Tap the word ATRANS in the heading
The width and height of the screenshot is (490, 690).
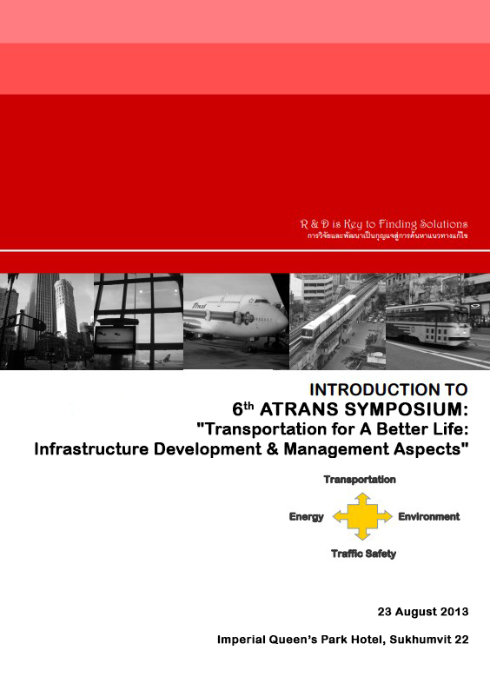[x=306, y=408]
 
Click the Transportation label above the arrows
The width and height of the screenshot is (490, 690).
[x=360, y=480]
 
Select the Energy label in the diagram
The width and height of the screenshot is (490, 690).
[x=306, y=517]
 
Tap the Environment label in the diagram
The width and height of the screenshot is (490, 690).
[x=428, y=517]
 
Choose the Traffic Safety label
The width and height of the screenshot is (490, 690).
[x=363, y=554]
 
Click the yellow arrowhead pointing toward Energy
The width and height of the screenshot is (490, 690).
[x=334, y=517]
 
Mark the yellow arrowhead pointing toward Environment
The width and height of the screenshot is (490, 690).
[x=387, y=517]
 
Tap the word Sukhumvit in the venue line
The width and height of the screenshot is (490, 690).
[x=420, y=640]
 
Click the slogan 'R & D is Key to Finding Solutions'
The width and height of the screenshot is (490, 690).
[x=383, y=224]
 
